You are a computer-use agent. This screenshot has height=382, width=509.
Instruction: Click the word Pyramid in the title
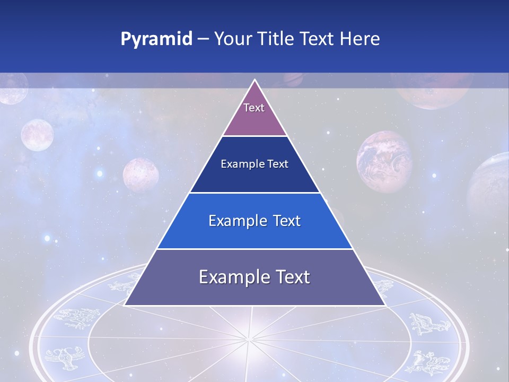pyautogui.click(x=156, y=39)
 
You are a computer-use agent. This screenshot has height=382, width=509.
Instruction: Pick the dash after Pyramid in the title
pyautogui.click(x=203, y=39)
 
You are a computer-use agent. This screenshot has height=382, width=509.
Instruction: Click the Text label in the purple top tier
pyautogui.click(x=254, y=108)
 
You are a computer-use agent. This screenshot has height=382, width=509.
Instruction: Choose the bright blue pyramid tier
pyautogui.click(x=254, y=233)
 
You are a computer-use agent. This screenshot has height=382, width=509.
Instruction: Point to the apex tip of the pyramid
pyautogui.click(x=254, y=80)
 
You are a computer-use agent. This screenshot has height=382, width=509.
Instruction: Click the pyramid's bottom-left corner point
pyautogui.click(x=125, y=305)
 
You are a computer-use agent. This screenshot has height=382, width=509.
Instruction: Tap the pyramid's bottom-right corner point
pyautogui.click(x=385, y=305)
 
